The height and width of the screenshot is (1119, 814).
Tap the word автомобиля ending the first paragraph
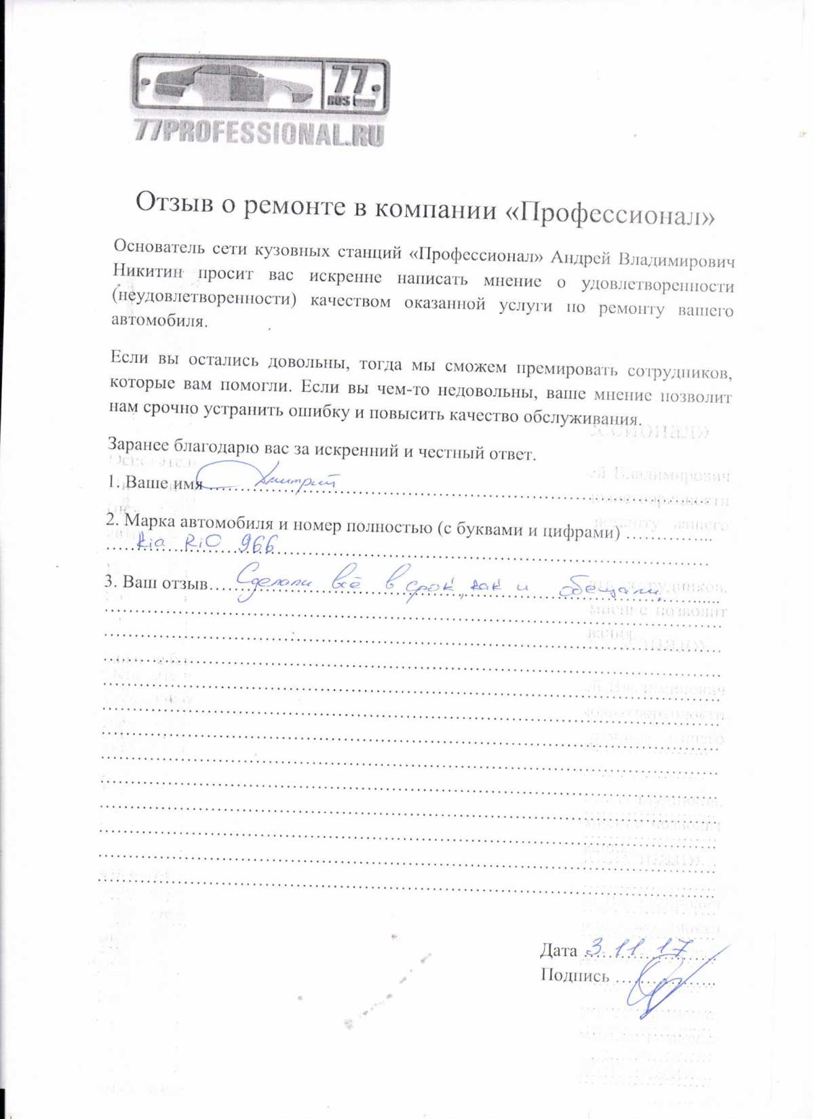click(158, 320)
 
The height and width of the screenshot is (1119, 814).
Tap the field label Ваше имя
click(163, 483)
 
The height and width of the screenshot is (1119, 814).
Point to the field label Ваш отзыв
click(164, 582)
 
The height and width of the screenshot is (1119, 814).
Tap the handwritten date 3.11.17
click(638, 948)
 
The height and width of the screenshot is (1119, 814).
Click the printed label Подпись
click(575, 975)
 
